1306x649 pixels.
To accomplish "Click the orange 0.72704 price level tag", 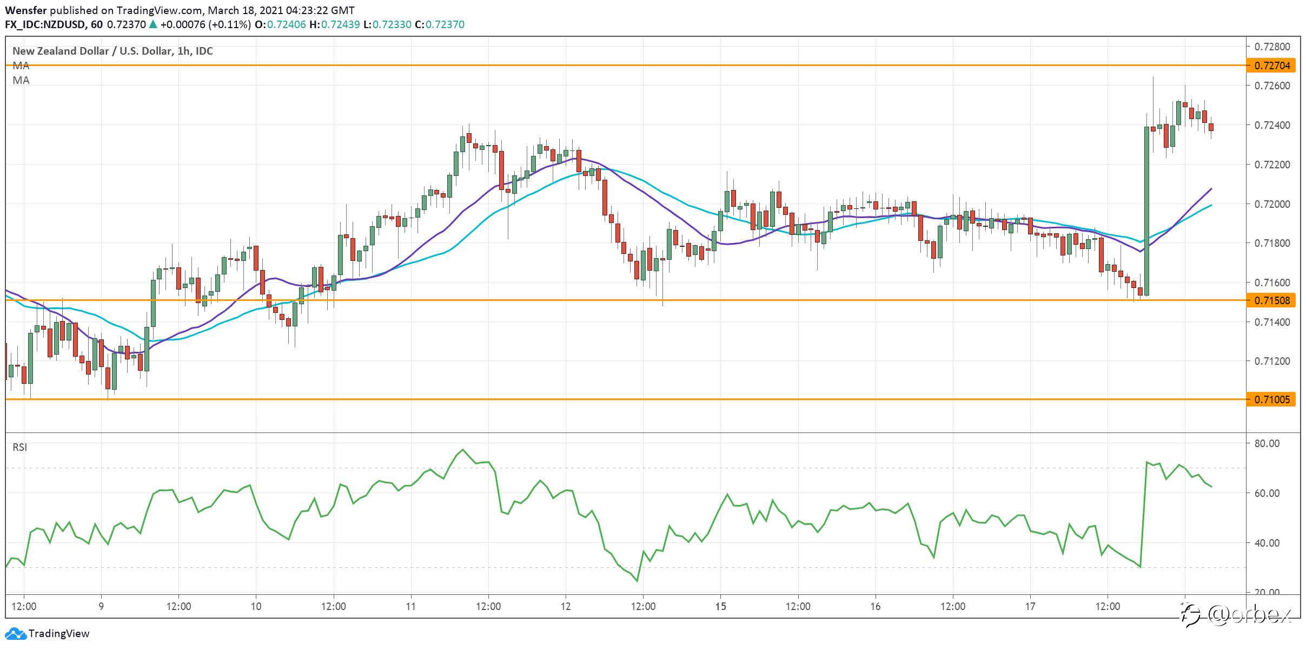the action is click(x=1271, y=65).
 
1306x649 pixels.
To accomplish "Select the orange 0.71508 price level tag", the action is click(x=1271, y=300).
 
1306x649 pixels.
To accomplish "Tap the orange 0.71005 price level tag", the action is click(x=1271, y=399).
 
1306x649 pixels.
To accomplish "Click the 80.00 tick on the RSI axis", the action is click(x=1267, y=443).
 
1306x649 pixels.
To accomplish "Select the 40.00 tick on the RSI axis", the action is click(x=1267, y=543).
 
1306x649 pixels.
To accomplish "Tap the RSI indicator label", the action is click(x=20, y=447).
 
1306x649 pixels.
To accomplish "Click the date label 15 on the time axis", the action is click(x=720, y=606).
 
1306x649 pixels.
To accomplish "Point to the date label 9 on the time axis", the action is click(x=101, y=606).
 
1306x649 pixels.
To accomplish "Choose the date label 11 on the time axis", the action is click(x=411, y=606).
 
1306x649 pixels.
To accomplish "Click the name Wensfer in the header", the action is click(x=26, y=10).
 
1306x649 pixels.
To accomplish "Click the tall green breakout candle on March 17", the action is click(x=1146, y=211).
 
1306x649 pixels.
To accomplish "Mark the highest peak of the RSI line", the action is click(x=463, y=449).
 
